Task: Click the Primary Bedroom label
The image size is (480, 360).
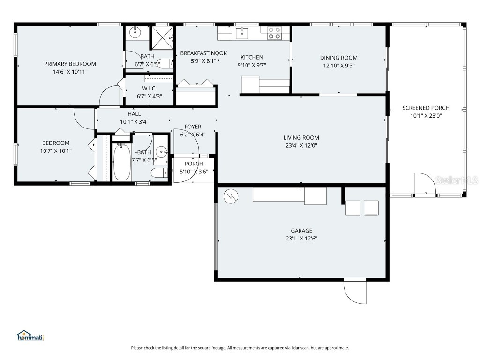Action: coord(70,64)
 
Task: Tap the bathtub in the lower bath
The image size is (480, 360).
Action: coord(122,162)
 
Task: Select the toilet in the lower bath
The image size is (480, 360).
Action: coord(158,173)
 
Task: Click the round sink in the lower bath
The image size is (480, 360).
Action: coord(162,152)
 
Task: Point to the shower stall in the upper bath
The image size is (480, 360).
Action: coord(161,38)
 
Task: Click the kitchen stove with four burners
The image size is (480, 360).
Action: coord(274,33)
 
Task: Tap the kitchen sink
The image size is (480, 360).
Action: coord(242,33)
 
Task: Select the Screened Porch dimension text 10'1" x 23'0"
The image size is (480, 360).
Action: coord(426,116)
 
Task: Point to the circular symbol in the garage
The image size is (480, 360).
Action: coord(231,196)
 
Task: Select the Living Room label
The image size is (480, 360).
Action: coord(301,137)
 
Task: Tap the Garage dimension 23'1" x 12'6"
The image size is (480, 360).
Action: coord(301,238)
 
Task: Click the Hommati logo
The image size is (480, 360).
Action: coord(30,335)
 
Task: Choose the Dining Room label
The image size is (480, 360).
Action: coord(339,58)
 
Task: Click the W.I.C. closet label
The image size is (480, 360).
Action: coord(149,89)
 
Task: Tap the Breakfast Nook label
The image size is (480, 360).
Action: coord(203,53)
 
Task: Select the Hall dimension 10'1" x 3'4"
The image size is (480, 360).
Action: coord(134,122)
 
